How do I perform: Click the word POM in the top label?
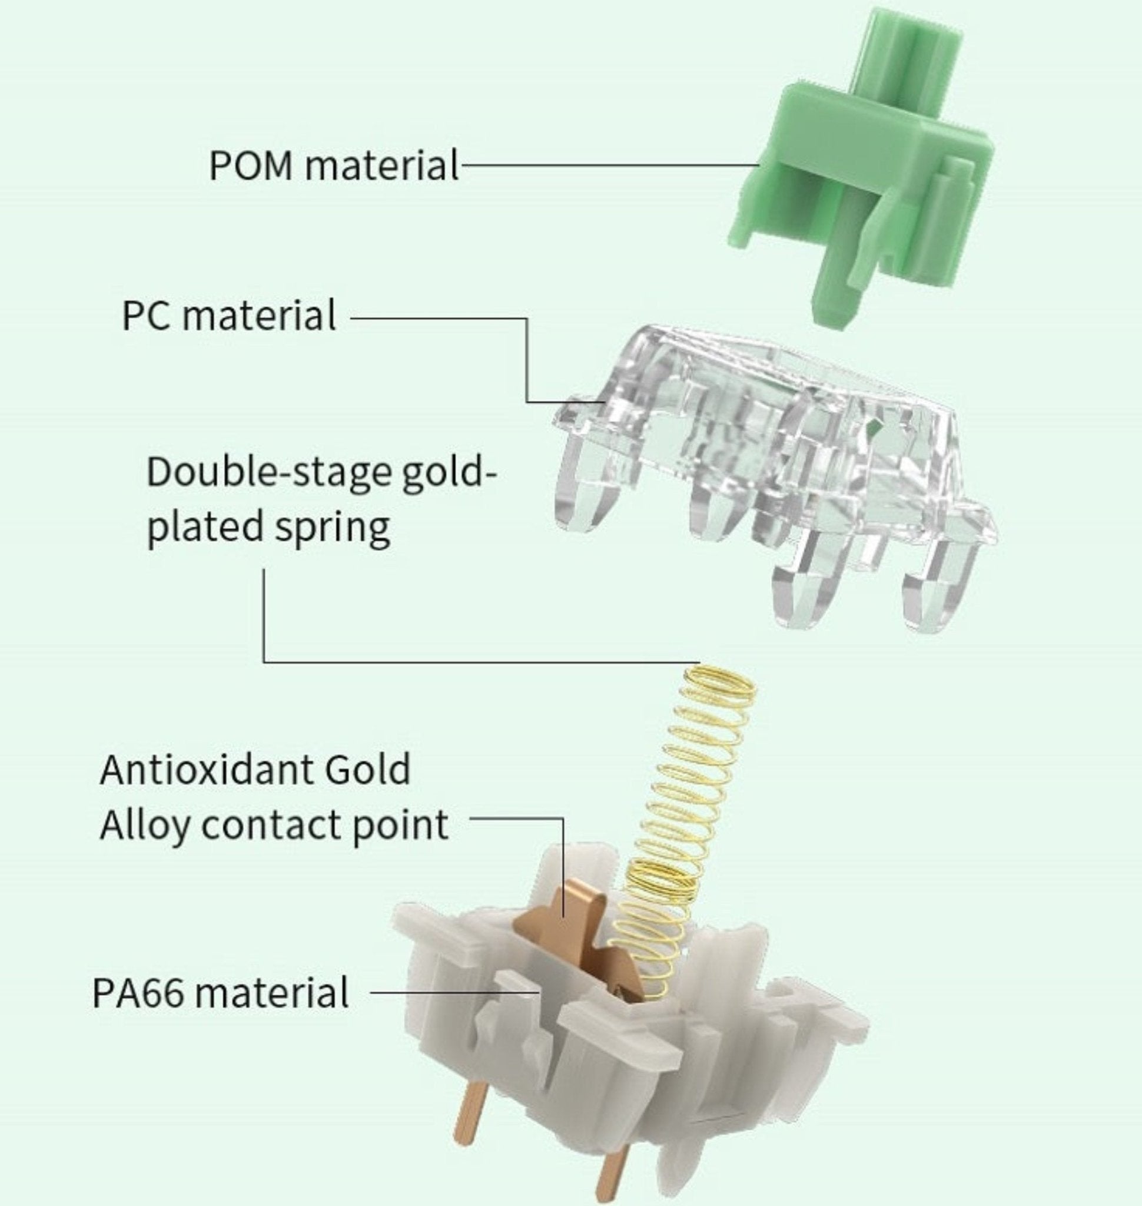click(250, 165)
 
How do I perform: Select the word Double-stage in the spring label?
click(268, 473)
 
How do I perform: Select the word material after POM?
click(381, 165)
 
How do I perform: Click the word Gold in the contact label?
click(368, 770)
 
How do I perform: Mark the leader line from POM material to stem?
click(609, 165)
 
